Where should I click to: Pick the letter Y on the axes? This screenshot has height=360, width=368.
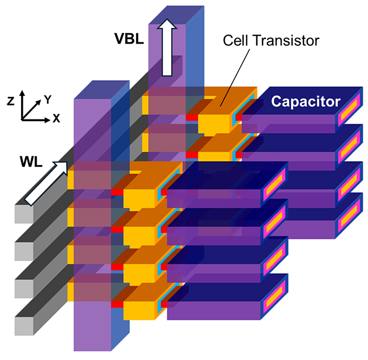coord(48,99)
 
